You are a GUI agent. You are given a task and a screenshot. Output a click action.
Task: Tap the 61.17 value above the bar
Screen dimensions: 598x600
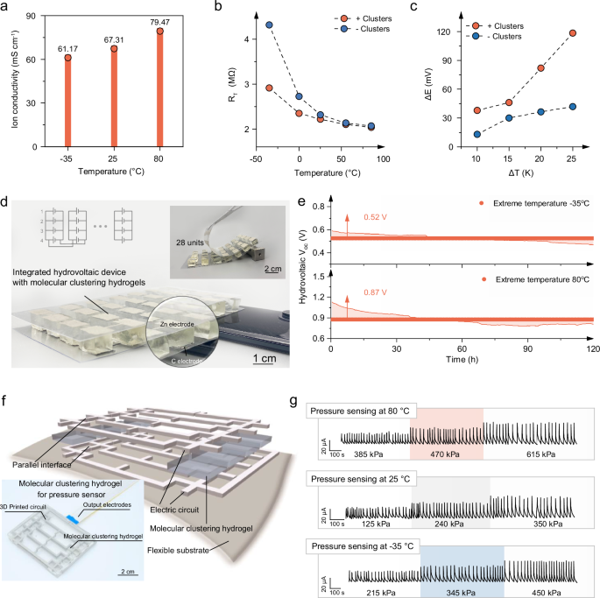click(67, 47)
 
